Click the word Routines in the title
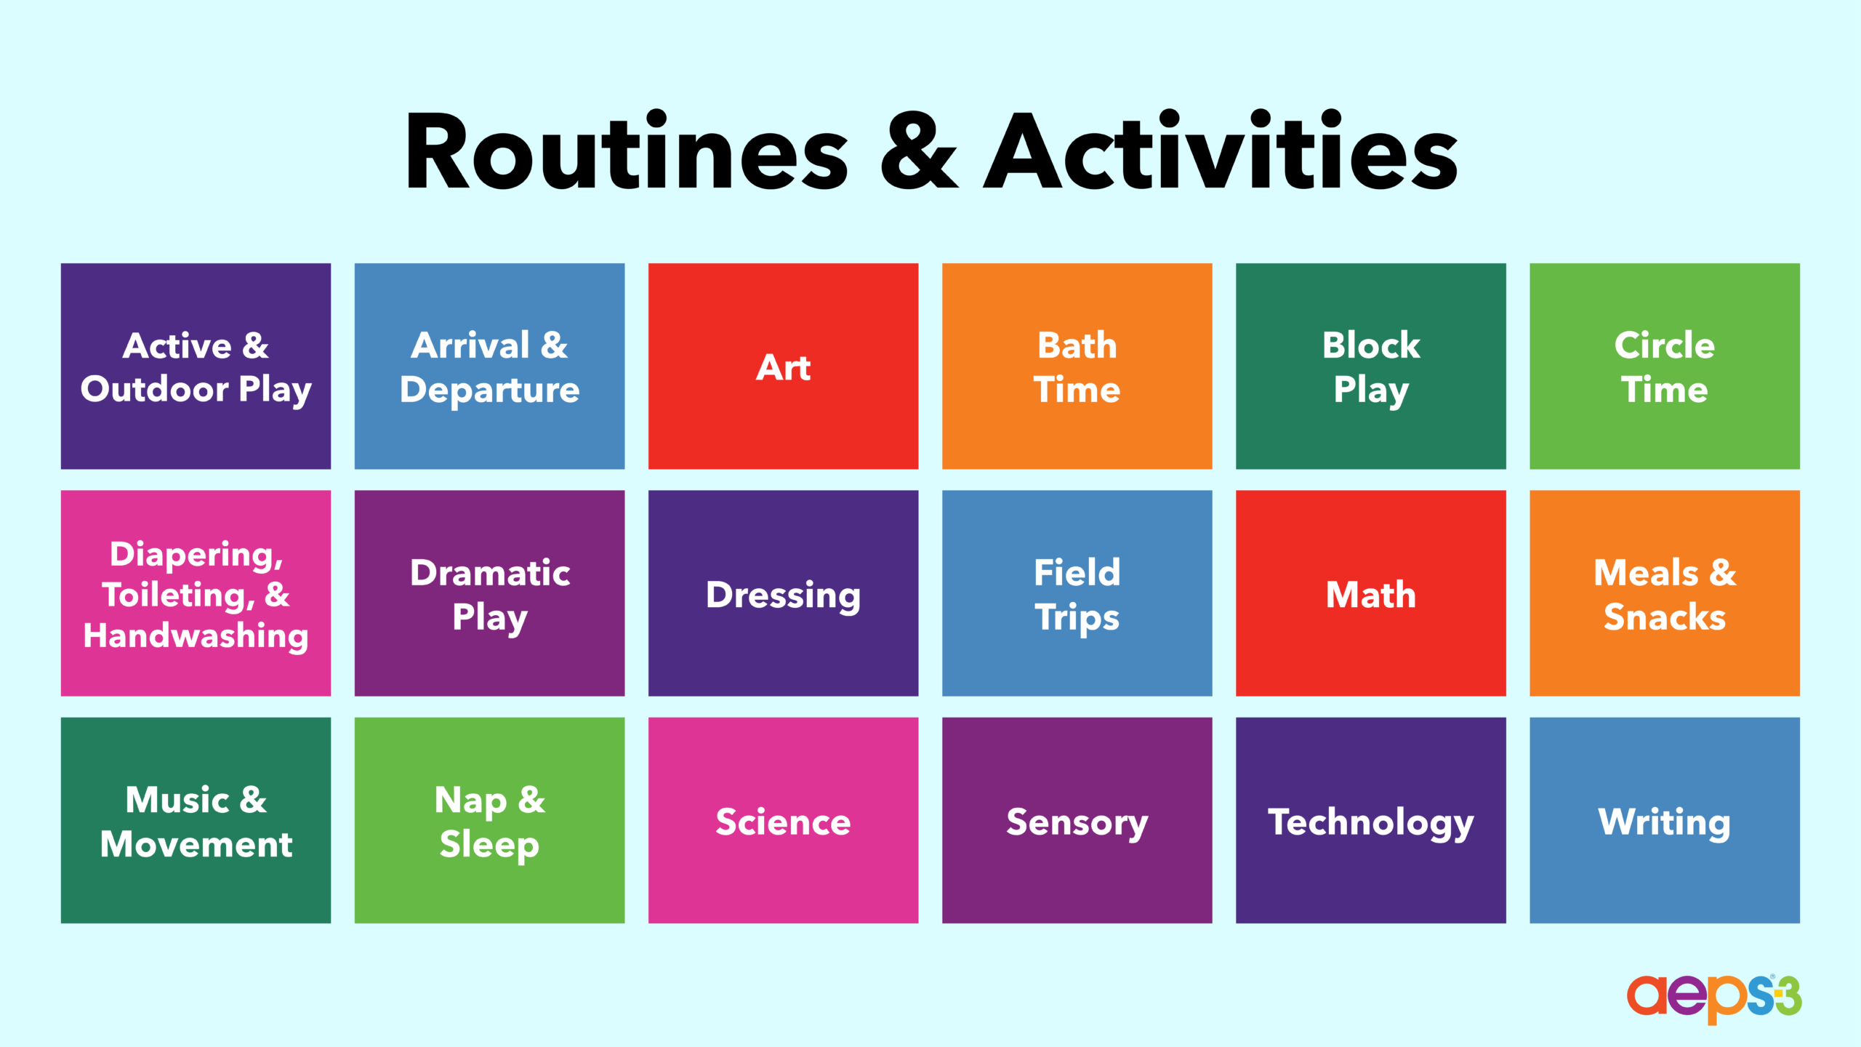pos(627,152)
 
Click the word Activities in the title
pos(1221,151)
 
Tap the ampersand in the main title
pos(919,151)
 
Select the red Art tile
pos(783,366)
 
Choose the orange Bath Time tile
pos(1077,366)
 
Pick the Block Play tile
pos(1370,366)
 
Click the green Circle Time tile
pos(1665,366)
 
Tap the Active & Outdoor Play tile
pos(196,366)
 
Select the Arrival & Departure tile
pos(489,366)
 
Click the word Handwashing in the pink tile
pos(196,636)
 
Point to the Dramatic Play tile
pos(489,593)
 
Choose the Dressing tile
pos(783,593)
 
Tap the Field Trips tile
pos(1077,593)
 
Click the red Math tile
pos(1370,593)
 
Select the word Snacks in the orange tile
pos(1665,617)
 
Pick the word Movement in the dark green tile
pos(196,844)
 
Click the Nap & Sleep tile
pos(489,820)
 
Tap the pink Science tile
pos(783,820)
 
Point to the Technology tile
pos(1370,820)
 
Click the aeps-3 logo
pos(1714,998)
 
